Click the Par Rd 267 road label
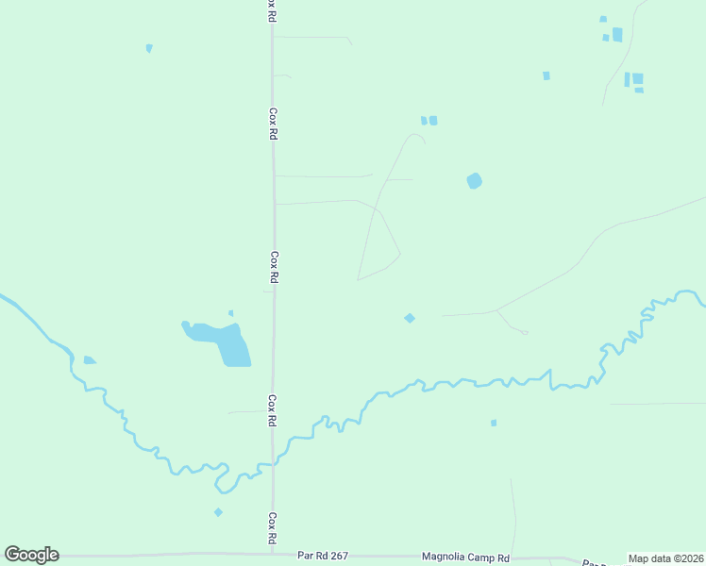[322, 556]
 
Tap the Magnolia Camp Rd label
[465, 557]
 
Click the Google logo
[31, 555]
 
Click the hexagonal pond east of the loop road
[474, 180]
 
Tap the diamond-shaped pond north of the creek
[410, 318]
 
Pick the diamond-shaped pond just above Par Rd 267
[218, 512]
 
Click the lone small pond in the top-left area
[149, 48]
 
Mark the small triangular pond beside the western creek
[89, 359]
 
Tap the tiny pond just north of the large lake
[231, 313]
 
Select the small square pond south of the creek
[494, 423]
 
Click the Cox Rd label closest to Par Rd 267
[272, 527]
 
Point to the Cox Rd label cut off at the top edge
[272, 8]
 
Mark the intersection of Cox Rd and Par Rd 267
[274, 555]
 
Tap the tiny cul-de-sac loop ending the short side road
[524, 332]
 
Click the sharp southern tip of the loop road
[358, 279]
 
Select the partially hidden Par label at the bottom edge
[593, 562]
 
